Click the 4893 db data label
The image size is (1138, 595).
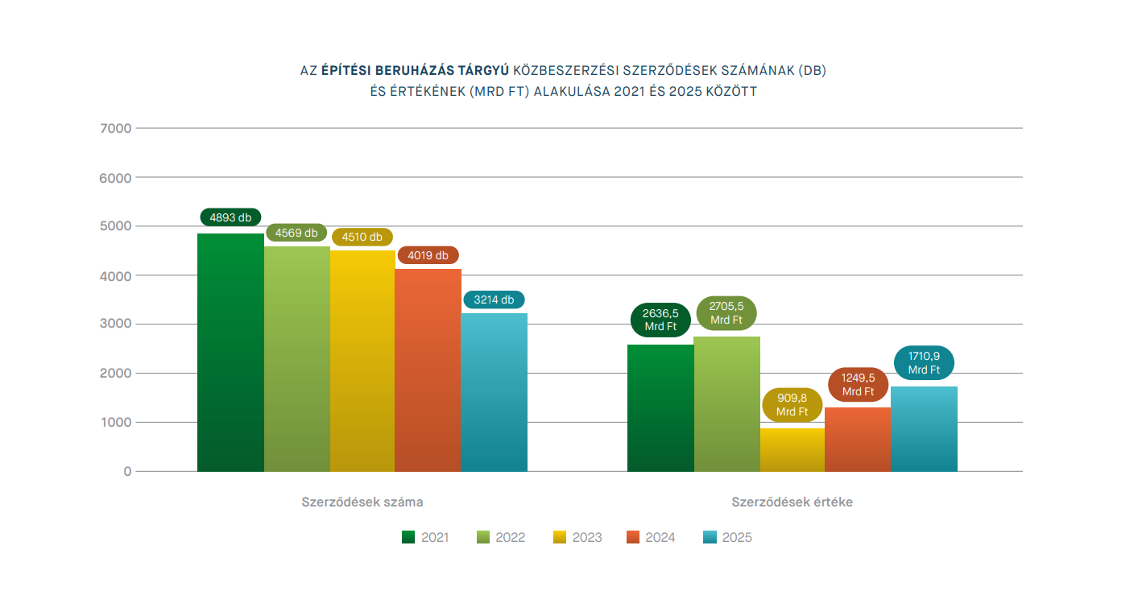coord(230,217)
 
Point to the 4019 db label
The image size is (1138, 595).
coord(428,255)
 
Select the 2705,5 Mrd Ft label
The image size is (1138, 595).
coord(726,313)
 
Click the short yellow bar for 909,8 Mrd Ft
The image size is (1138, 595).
coord(792,450)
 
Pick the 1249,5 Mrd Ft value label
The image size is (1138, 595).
coord(858,385)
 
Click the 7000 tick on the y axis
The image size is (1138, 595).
coord(116,128)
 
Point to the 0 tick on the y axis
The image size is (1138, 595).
coord(127,472)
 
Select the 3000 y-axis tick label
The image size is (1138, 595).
coord(116,324)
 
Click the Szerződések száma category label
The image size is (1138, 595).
coord(362,502)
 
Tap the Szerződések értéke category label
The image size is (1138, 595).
coord(792,502)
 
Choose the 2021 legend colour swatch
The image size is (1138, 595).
coord(408,537)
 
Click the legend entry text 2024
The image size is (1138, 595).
coord(660,538)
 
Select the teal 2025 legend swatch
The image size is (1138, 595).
coord(710,537)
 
